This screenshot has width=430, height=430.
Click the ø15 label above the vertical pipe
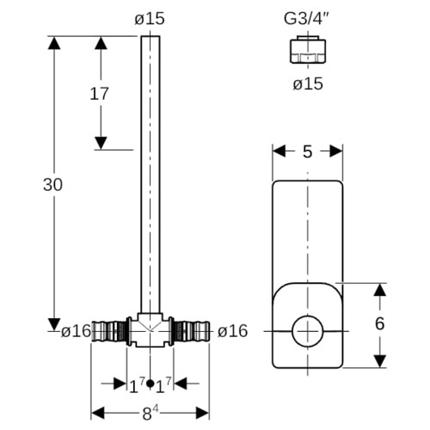coord(150,19)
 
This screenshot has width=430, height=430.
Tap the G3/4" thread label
coord(307,19)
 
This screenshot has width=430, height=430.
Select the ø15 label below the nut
coord(308,84)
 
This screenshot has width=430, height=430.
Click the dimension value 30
coord(52,185)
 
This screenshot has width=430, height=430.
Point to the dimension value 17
coord(99,94)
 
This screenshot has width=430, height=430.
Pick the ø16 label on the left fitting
coord(76,331)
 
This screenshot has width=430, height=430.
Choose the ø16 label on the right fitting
coord(232,331)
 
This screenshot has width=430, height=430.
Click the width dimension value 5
coord(307,151)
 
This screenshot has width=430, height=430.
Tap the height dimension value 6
coord(379,323)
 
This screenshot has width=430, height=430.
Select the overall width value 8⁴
coord(150,413)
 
